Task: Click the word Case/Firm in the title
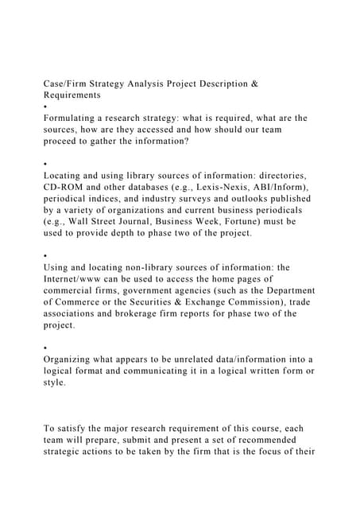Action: (71, 83)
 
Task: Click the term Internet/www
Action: (80, 278)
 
